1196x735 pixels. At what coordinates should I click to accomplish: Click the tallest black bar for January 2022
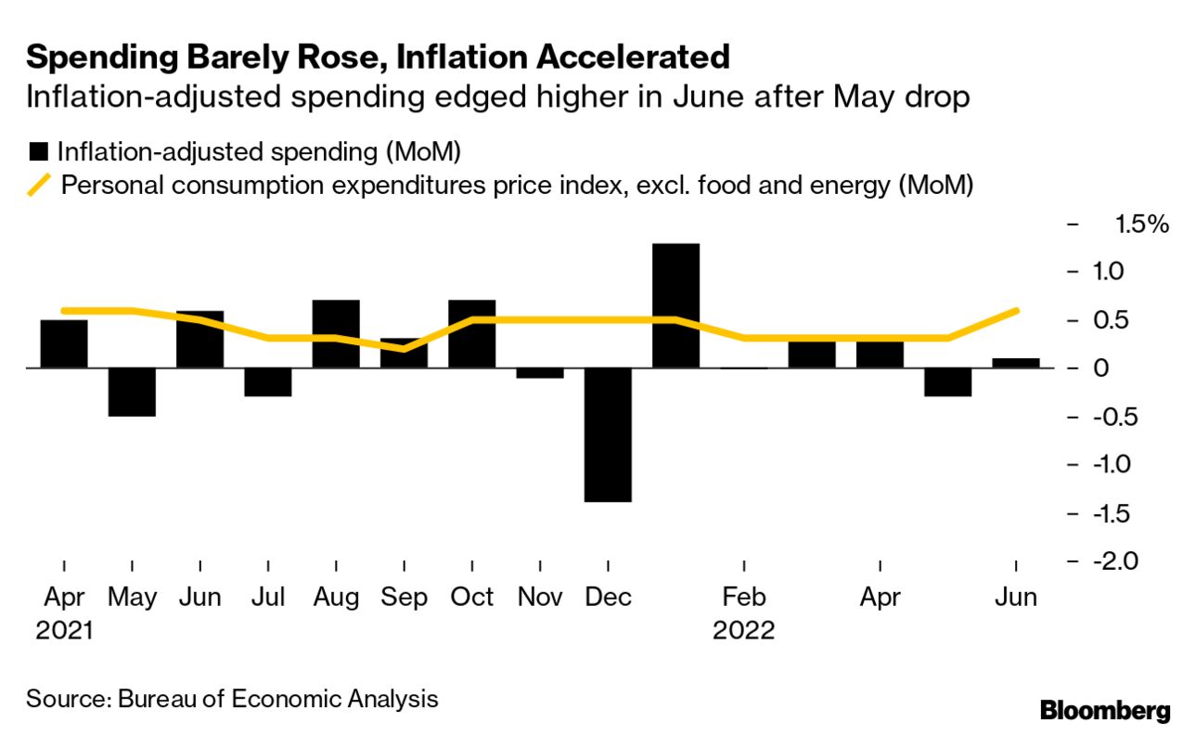(675, 305)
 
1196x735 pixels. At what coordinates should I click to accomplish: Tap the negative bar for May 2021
(132, 392)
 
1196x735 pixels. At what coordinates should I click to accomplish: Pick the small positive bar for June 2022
(1016, 363)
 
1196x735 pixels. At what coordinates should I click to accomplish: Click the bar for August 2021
(336, 334)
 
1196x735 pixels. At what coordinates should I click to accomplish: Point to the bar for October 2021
(471, 334)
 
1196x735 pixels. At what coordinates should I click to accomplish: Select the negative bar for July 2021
(268, 382)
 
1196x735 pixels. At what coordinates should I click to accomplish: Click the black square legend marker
(39, 151)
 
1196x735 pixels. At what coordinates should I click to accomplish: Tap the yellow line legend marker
(40, 185)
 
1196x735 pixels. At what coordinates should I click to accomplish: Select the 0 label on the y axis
(1102, 368)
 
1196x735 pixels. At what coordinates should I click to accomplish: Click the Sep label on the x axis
(404, 598)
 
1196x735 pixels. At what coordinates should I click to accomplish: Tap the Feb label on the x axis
(743, 598)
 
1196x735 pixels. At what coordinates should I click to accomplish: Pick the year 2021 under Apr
(65, 630)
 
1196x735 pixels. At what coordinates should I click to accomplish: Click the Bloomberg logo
(1104, 712)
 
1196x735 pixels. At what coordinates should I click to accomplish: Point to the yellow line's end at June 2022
(1017, 310)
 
